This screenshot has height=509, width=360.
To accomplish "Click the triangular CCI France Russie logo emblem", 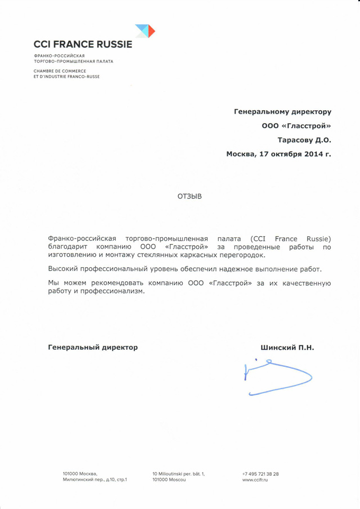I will click(x=145, y=30).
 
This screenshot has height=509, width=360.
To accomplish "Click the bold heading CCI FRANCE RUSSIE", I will click(x=83, y=44).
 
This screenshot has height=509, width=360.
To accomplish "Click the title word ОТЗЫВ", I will click(x=189, y=197).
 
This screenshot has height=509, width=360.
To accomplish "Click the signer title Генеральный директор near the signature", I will click(x=93, y=348).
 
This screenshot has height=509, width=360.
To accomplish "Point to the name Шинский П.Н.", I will click(x=287, y=348).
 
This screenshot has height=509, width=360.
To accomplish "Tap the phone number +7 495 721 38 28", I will click(x=260, y=474).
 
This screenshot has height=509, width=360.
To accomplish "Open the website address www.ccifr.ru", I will click(x=255, y=480).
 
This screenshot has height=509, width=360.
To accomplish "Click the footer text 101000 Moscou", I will click(x=169, y=480).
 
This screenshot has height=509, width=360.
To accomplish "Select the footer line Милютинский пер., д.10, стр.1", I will click(x=95, y=480).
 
